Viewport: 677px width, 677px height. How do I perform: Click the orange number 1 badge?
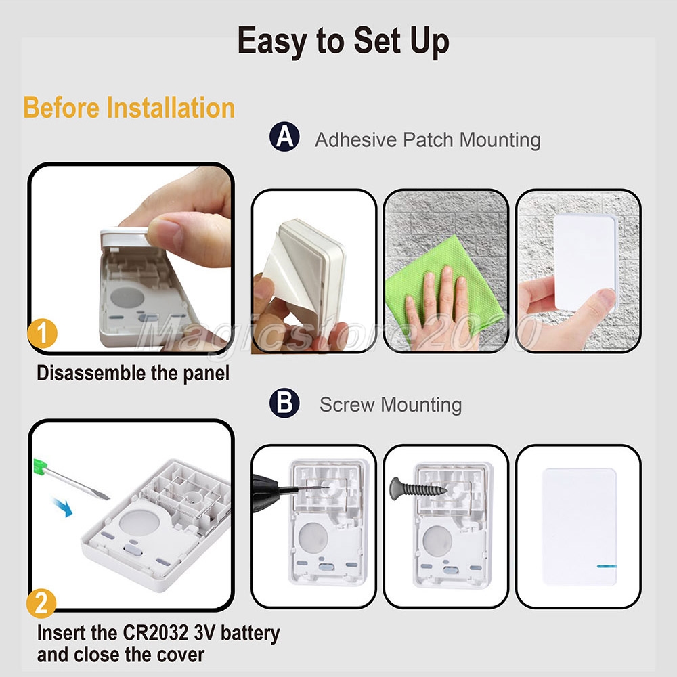click(42, 334)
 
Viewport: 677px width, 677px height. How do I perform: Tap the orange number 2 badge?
click(41, 603)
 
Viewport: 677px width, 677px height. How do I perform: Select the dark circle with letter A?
click(284, 137)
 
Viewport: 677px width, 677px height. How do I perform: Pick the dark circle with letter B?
click(284, 403)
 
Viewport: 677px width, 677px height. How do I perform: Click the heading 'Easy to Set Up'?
click(343, 41)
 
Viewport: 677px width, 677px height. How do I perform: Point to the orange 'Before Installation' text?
click(129, 108)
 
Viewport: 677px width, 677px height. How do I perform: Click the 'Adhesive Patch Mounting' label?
click(427, 140)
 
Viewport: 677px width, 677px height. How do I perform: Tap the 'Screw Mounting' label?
click(391, 405)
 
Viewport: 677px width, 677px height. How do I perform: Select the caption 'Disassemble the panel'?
click(133, 374)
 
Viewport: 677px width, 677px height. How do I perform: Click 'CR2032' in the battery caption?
click(156, 633)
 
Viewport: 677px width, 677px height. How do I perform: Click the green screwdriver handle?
click(40, 466)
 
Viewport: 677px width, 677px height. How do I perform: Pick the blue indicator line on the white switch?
click(607, 566)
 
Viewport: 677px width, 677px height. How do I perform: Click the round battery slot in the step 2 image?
click(139, 522)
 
